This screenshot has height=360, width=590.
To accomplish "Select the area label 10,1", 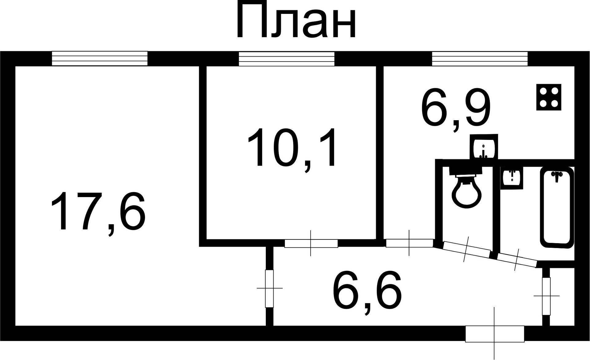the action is pos(291,148).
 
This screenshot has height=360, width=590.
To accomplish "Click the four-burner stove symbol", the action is pos(549,97).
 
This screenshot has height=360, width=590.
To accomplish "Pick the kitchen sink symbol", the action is pos(484,148).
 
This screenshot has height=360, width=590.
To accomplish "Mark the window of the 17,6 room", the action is pos(100,58).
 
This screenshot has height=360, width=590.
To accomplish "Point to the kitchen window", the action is pos(480,58).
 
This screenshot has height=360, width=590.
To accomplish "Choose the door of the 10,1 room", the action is pos(311,243).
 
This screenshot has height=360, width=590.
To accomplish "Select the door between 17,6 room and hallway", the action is pos(269,288).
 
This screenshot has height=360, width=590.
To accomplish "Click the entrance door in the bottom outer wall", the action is pos(494,334).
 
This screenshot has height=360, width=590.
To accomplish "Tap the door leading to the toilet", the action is pos(466,250).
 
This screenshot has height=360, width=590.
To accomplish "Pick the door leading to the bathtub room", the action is pos(517,260).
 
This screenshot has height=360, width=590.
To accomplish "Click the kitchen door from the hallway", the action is pos(409,243).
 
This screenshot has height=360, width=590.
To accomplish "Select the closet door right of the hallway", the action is pos(546,296).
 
